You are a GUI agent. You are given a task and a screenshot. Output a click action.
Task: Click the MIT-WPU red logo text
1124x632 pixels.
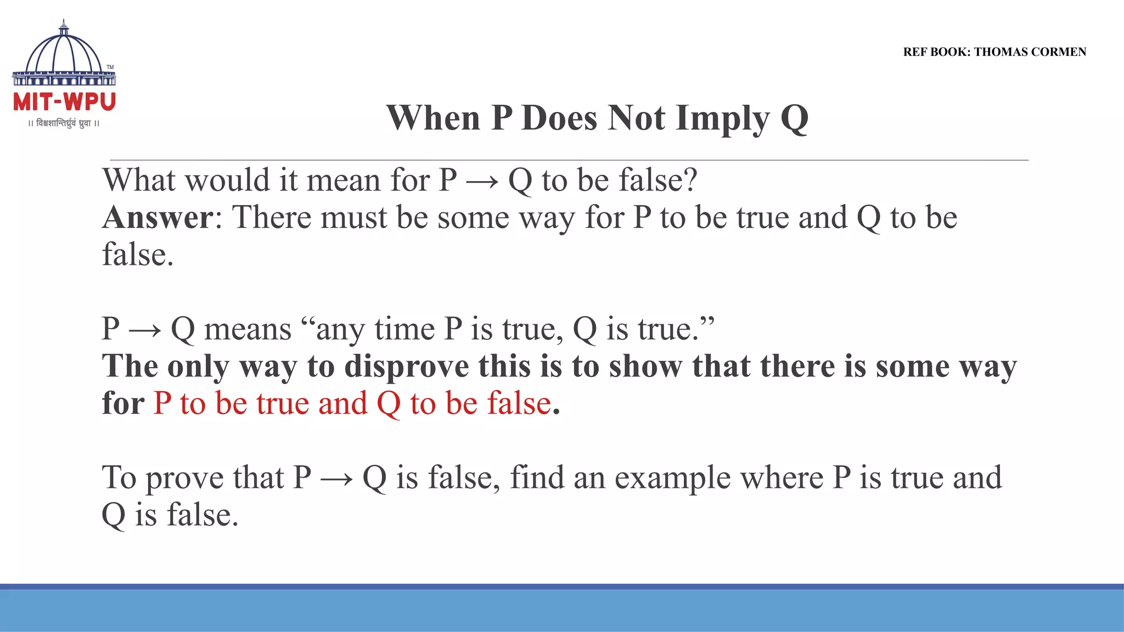(64, 102)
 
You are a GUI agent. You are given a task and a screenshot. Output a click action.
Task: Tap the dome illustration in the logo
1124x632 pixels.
(64, 52)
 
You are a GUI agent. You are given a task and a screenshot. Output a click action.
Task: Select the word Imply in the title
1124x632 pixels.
(722, 118)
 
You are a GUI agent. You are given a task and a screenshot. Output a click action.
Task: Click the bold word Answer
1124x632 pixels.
(158, 217)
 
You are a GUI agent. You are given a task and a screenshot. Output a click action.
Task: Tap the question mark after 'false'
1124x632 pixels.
(689, 180)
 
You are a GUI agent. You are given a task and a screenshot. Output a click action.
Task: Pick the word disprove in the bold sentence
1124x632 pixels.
(407, 366)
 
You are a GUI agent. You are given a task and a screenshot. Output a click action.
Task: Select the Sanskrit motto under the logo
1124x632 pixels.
(64, 123)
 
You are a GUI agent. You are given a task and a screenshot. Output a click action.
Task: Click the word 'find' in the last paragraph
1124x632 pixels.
(537, 477)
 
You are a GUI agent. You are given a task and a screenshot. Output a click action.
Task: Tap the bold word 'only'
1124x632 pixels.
(198, 366)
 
